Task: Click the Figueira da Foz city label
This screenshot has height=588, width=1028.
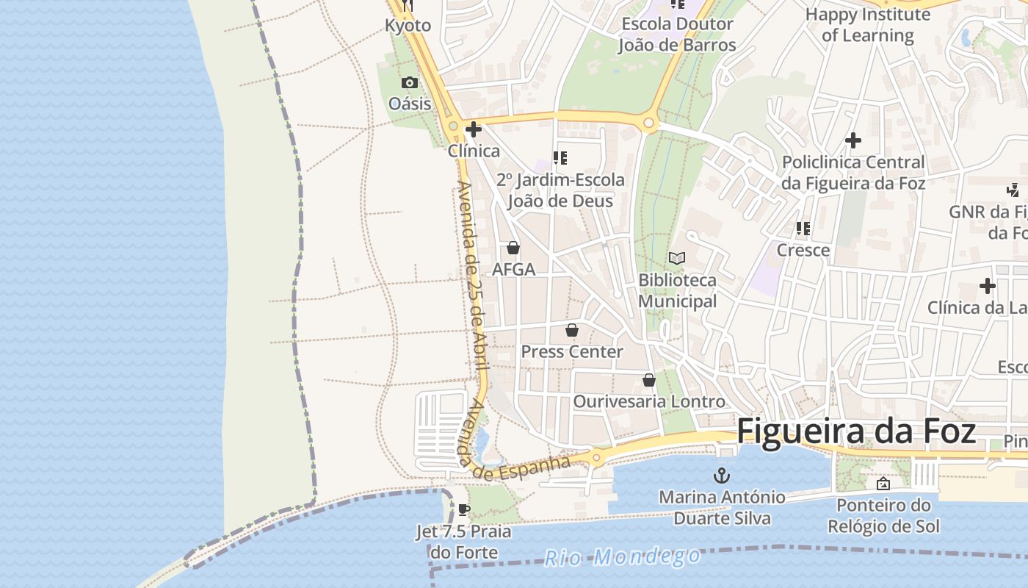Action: [856, 431]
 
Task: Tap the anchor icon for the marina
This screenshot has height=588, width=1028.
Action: [721, 474]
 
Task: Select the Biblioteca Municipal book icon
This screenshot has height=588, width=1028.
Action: [677, 259]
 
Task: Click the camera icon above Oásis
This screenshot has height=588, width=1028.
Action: [410, 82]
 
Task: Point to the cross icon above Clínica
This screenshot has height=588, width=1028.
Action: [474, 130]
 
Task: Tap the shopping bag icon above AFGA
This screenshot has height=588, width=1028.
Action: [513, 248]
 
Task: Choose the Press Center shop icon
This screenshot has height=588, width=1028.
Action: [572, 330]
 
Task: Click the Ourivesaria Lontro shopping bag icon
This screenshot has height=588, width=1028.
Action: [649, 380]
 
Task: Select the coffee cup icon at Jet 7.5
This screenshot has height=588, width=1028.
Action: [463, 509]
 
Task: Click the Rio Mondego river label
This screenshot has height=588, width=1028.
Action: [622, 556]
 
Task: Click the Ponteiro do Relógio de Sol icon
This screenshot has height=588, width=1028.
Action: [883, 484]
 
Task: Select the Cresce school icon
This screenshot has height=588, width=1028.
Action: [803, 229]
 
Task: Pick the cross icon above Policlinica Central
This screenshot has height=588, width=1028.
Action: [853, 140]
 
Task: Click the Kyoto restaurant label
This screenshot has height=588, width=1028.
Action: [408, 26]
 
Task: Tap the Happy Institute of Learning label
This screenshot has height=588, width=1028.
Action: [867, 25]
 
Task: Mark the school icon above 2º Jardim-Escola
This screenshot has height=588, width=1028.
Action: [560, 158]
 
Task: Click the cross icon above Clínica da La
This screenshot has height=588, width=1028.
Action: [988, 285]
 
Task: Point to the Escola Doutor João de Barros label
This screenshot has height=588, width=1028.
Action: [676, 35]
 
